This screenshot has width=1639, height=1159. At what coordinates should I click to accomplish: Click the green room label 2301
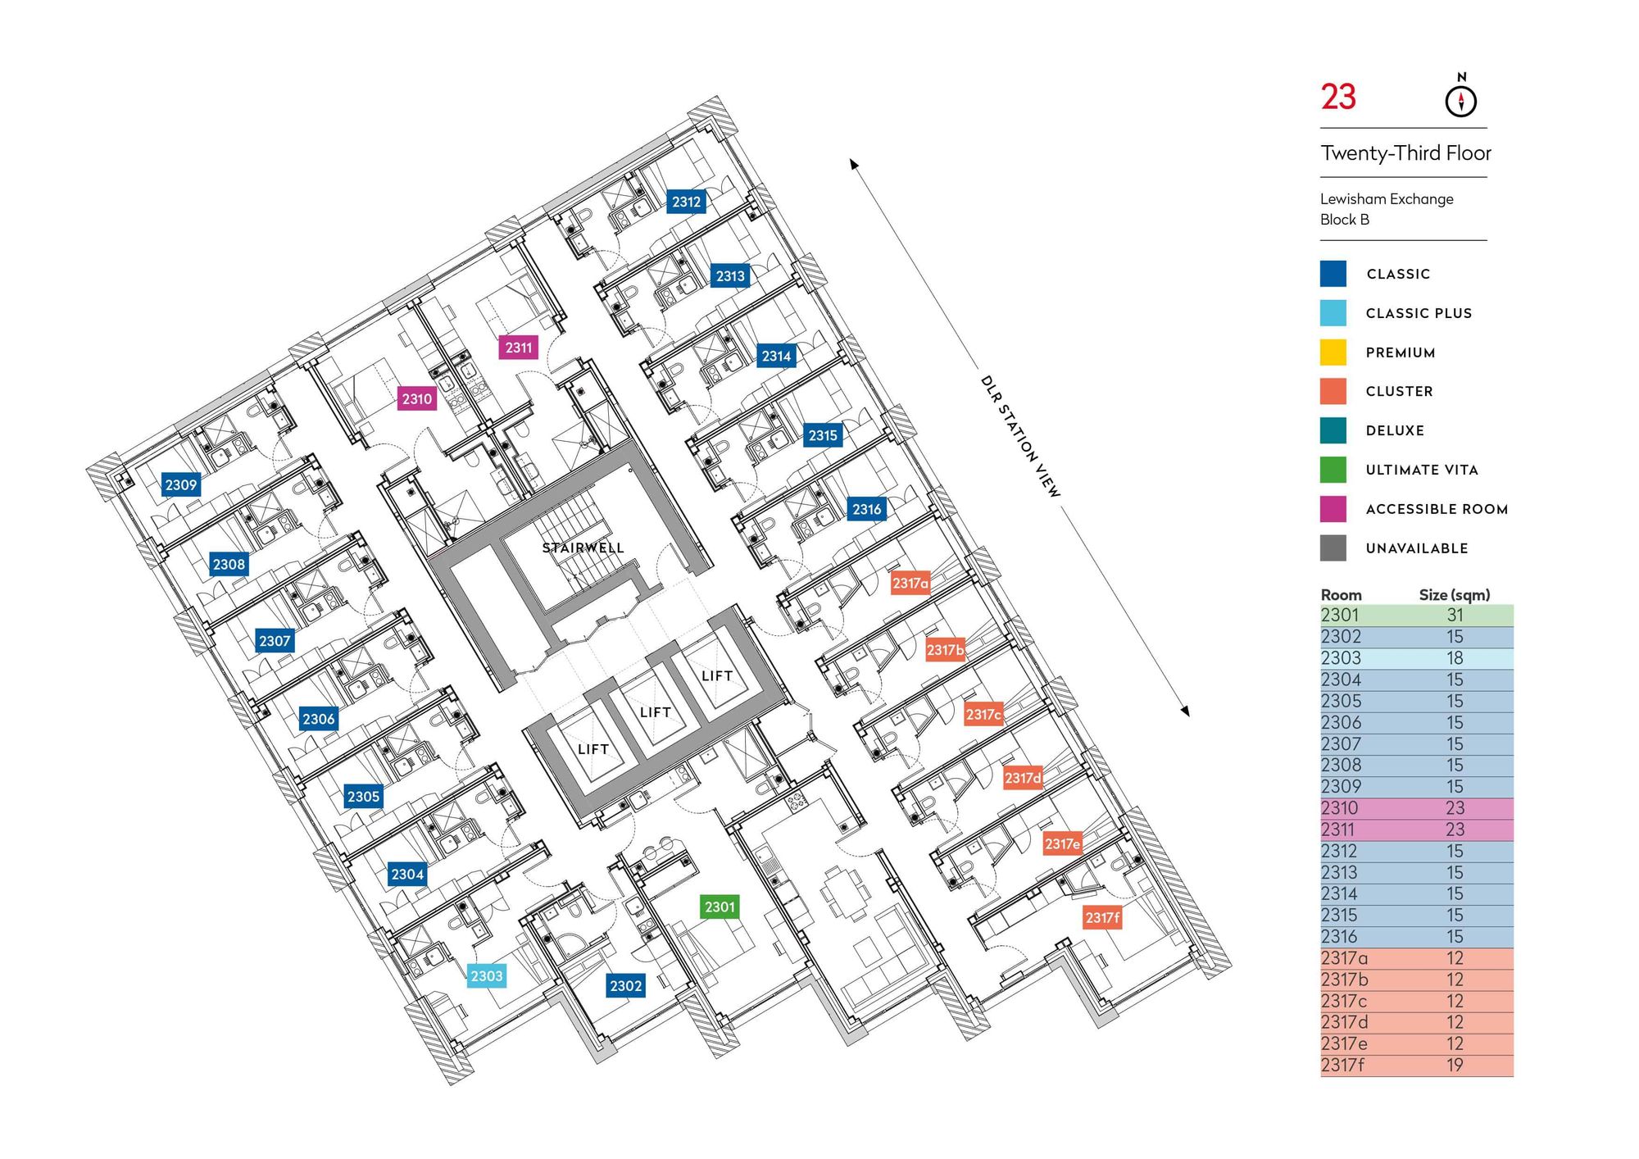pos(720,907)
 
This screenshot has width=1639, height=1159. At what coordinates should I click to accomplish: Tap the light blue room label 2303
pos(486,975)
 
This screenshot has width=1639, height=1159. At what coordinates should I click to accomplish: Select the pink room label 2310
pos(416,399)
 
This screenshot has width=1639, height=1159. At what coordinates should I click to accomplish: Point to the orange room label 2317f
pos(1102,918)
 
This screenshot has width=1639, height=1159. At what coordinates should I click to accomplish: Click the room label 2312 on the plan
pos(686,202)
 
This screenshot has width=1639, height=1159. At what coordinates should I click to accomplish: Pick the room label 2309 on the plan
pos(181,484)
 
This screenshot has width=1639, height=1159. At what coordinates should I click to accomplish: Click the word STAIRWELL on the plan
pos(583,548)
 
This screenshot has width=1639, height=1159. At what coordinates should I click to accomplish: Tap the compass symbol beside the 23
pos(1460,99)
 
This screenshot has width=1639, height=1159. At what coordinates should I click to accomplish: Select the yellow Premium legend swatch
pos(1333,352)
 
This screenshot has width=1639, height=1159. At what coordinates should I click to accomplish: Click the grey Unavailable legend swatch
pos(1333,548)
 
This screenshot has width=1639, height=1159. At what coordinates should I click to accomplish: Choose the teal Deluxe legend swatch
pos(1333,430)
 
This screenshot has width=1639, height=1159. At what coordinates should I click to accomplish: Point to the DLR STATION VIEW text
pos(1020,437)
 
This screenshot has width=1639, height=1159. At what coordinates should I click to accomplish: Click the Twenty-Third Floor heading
pos(1405,153)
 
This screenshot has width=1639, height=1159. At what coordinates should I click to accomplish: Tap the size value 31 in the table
pos(1455,616)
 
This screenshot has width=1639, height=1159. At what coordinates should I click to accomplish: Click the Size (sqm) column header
pos(1454,595)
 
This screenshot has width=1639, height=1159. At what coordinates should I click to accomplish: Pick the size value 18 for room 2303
pos(1455,658)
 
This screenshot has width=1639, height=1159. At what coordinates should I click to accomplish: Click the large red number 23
pos(1338,98)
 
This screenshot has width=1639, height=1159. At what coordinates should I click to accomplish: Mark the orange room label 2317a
pos(910,583)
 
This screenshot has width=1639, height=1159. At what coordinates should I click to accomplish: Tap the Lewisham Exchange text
pos(1387,199)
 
